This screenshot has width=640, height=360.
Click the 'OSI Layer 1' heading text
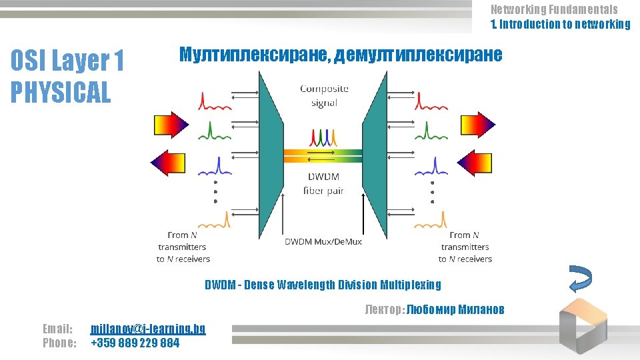(67, 62)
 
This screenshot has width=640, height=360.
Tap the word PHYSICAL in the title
(61, 92)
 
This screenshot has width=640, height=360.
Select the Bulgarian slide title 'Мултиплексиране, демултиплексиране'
(341, 55)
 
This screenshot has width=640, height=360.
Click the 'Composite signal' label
(324, 95)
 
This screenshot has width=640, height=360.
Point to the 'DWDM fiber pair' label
(323, 184)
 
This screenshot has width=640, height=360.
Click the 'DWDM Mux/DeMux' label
(323, 241)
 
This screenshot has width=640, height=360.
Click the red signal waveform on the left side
(213, 101)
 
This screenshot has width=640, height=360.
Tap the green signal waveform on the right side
(430, 129)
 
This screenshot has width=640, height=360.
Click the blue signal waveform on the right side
(430, 166)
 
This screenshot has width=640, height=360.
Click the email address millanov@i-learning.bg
(148, 329)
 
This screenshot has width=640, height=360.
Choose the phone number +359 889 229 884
(135, 343)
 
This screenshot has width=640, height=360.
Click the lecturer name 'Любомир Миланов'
(455, 309)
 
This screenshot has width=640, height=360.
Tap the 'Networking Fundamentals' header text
(554, 9)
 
